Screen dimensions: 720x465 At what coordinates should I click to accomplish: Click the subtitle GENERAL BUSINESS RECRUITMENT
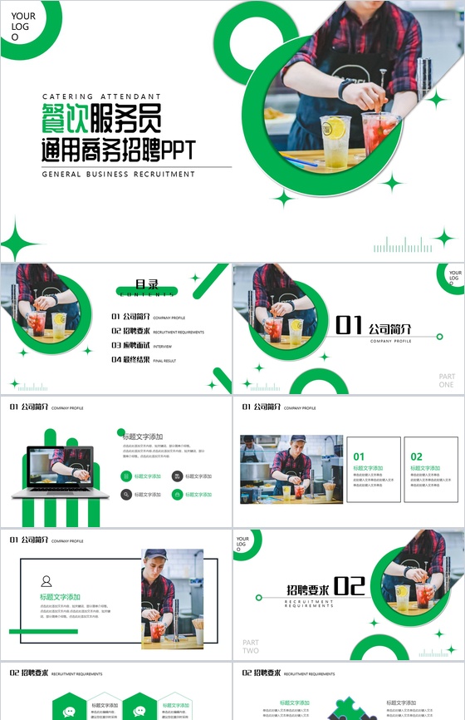pos(119,175)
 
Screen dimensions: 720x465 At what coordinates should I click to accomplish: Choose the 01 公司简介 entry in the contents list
pos(131,317)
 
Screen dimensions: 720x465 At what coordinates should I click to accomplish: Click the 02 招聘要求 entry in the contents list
pos(131,331)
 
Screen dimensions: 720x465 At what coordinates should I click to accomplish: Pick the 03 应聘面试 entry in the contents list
pos(131,345)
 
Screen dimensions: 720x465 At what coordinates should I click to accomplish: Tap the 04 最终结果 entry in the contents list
pos(131,360)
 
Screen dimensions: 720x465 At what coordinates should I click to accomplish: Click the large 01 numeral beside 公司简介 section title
pos(349,325)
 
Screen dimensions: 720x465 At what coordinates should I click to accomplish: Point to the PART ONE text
pos(447,381)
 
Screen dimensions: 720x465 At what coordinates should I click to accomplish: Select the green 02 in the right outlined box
pos(416,456)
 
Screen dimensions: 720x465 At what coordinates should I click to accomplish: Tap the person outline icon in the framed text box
pos(46,581)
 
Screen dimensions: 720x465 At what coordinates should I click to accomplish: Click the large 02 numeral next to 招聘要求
pos(349,586)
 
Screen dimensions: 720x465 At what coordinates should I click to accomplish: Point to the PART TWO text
pos(251,646)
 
